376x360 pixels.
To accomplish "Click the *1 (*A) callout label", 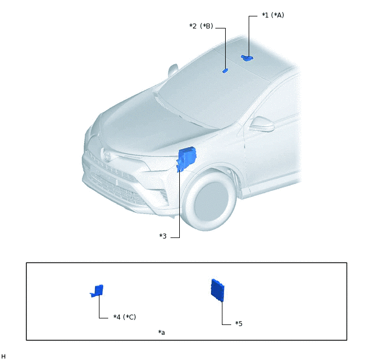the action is (x=273, y=15).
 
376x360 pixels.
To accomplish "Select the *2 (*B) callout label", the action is (x=201, y=26).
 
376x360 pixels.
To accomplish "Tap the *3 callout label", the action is (x=163, y=236).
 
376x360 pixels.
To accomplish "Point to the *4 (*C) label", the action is (x=125, y=317).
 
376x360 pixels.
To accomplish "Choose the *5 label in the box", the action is (x=239, y=324).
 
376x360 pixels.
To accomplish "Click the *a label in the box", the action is (x=161, y=333).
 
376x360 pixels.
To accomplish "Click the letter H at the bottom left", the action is (x=3, y=356).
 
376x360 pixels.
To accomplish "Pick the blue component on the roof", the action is (x=247, y=58).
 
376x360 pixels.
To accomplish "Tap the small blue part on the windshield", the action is (x=225, y=71).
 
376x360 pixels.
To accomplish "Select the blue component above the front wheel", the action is (x=186, y=159).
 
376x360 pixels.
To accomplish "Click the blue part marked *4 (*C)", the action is (x=97, y=291).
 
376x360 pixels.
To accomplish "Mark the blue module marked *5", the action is (x=218, y=291).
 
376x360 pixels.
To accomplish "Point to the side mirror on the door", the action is (x=262, y=124).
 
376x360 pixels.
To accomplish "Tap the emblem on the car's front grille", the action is (x=107, y=155).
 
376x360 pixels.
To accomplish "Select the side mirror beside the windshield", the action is (x=173, y=70).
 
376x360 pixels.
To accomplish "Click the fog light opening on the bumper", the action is (x=163, y=194).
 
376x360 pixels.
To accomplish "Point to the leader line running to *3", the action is (x=179, y=204).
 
